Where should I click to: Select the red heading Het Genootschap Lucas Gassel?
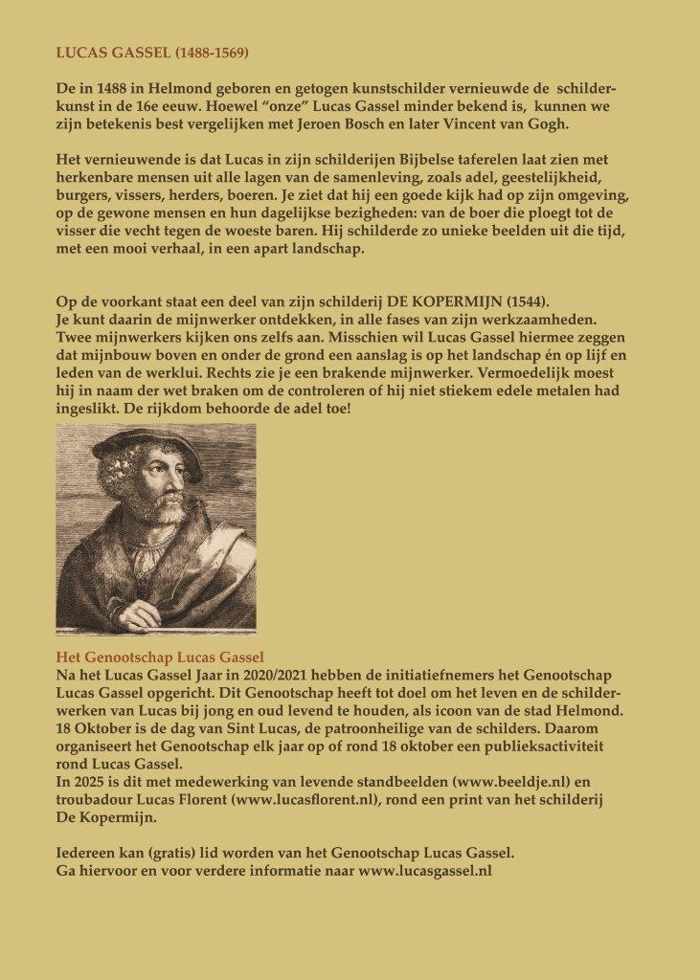[x=160, y=657]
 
